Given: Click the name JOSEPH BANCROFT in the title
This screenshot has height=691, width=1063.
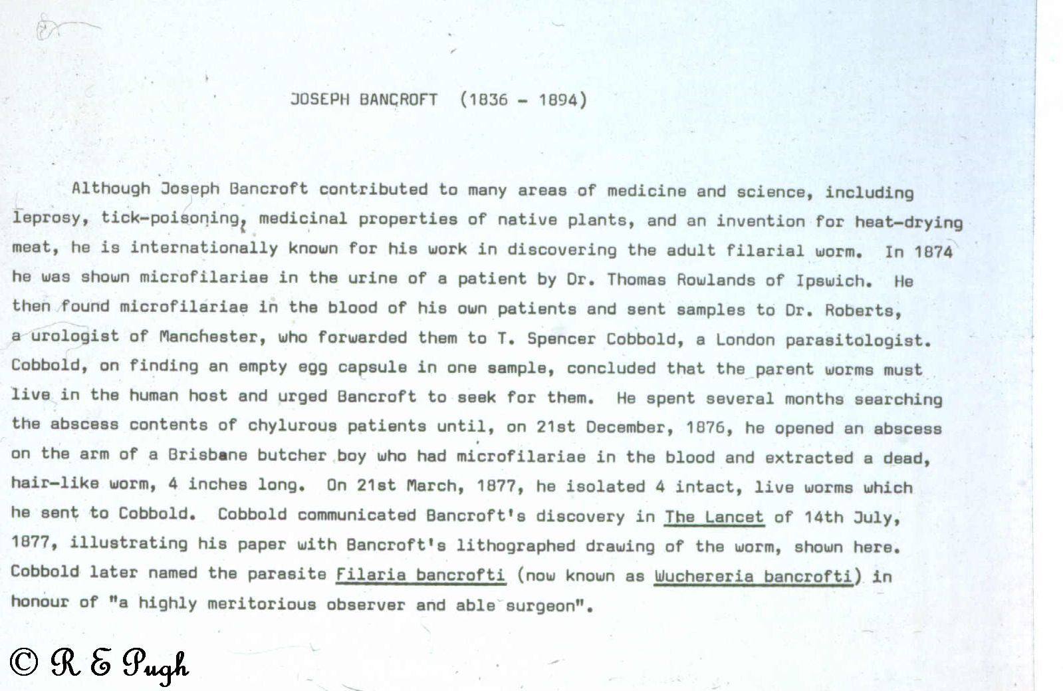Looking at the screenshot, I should [x=364, y=100].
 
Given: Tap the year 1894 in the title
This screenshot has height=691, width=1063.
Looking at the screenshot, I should [x=558, y=100].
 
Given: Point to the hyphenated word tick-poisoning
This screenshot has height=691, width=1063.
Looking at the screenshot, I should [x=170, y=218].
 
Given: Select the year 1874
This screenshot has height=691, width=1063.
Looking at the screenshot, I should [x=933, y=252].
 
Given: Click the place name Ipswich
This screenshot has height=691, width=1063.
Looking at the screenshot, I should [x=834, y=281].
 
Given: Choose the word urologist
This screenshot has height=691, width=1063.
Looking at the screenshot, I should [x=75, y=337].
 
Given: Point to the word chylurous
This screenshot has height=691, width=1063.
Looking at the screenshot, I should [x=292, y=425].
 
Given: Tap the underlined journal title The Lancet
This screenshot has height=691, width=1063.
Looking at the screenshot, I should [x=714, y=517].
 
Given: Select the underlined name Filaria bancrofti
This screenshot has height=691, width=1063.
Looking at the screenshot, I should [x=420, y=575].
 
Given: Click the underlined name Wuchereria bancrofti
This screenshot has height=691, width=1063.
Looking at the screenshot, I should [x=753, y=576].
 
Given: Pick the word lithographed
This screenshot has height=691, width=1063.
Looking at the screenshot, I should [x=515, y=546].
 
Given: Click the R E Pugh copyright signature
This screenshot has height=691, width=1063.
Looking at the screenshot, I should [x=100, y=664].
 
